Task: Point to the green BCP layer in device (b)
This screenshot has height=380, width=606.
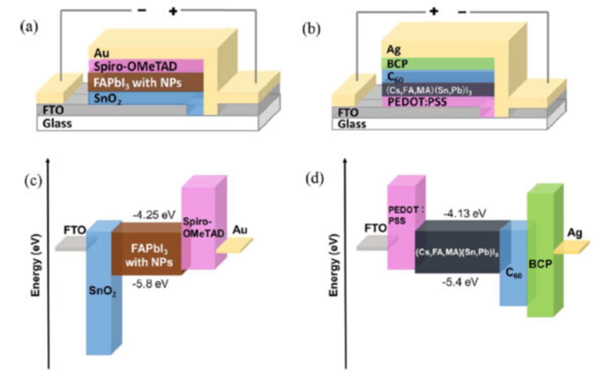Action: point(437,64)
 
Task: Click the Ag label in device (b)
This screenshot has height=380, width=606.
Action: point(393,50)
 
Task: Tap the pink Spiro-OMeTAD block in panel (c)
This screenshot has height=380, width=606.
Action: point(202,227)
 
